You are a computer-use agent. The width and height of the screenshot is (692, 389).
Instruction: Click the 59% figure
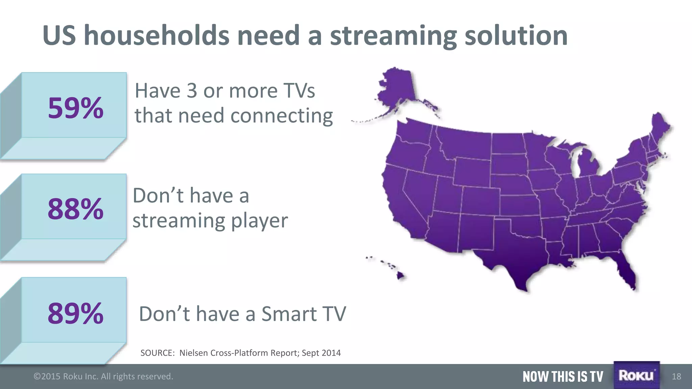75,108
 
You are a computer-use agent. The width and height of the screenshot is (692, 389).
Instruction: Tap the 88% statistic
75,209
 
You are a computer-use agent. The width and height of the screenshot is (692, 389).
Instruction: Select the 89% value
75,313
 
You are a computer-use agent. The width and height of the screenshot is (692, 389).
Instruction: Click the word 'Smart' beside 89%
289,314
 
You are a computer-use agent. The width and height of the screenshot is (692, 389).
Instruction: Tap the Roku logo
636,375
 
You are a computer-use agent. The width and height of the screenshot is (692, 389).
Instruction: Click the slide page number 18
676,377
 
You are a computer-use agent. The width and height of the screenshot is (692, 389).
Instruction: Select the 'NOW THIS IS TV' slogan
563,377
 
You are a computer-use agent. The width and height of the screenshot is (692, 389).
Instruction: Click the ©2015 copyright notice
103,376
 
